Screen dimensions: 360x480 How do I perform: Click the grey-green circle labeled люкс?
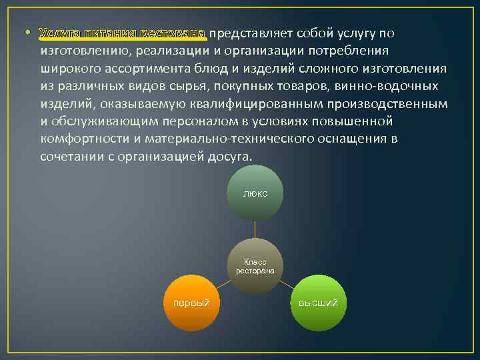coord(255,193)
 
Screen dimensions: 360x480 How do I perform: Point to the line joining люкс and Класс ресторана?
coord(255,230)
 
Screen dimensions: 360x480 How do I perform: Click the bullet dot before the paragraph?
coord(28,34)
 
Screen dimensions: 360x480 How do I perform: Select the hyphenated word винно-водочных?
coord(387,87)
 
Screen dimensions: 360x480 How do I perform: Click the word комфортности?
coord(81,139)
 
